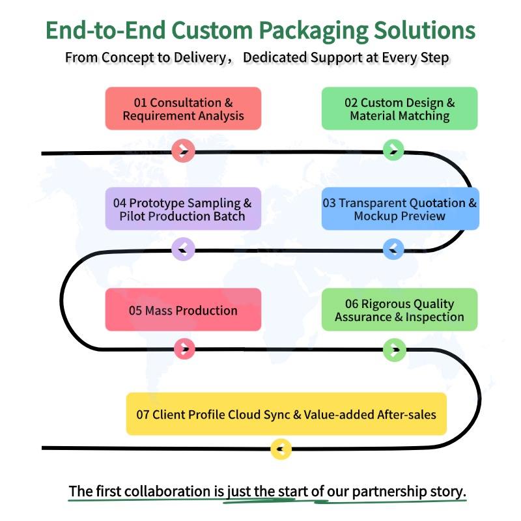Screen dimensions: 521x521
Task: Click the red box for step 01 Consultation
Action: [x=183, y=109]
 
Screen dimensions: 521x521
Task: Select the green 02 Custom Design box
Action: [x=399, y=109]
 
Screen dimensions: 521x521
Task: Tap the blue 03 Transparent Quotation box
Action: [x=401, y=208]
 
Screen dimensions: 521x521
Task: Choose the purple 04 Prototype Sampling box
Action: [x=183, y=208]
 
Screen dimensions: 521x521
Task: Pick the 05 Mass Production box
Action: [x=183, y=310]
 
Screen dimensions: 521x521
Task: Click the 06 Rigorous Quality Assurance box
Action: [x=399, y=310]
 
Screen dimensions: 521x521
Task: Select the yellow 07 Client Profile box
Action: [x=287, y=414]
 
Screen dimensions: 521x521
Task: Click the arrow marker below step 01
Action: [x=183, y=151]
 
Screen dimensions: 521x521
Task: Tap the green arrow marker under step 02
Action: [x=393, y=150]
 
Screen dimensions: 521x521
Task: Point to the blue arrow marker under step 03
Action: [x=393, y=249]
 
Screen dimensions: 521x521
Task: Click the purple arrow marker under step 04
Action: [x=183, y=249]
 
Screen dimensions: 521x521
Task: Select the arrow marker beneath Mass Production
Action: [x=185, y=349]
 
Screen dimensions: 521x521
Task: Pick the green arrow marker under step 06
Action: [x=395, y=350]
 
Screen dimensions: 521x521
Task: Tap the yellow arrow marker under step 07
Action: [x=281, y=449]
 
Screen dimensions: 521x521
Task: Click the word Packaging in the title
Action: [x=313, y=31]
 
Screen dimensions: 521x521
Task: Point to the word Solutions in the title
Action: [x=425, y=30]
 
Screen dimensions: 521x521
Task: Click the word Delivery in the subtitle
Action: [x=200, y=58]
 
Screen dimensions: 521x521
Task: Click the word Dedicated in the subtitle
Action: [x=275, y=57]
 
